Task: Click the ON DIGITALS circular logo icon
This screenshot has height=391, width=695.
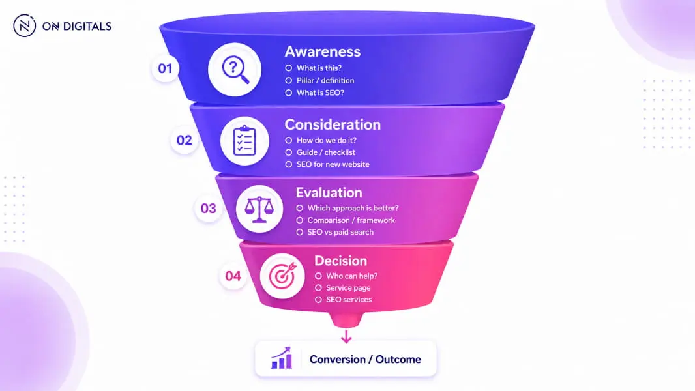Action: pos(24,25)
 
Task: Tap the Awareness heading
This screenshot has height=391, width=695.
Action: pos(323,52)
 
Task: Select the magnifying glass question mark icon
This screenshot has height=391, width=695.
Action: pos(235,70)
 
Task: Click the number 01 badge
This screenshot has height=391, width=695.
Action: pos(165,68)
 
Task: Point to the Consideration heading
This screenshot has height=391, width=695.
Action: pos(333,124)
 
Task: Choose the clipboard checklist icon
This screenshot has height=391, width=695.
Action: pos(244,141)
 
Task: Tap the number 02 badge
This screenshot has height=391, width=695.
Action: pos(185,140)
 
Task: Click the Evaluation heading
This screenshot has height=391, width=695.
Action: pos(329,193)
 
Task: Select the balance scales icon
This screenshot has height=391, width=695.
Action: pos(259,209)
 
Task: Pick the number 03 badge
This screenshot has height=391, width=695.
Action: pos(209,208)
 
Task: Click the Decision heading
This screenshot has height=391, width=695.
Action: pos(341,261)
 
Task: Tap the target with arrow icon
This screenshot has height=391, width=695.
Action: pos(282,276)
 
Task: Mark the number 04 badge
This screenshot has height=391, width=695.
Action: pos(233,276)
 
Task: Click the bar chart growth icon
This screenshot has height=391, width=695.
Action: pos(282,358)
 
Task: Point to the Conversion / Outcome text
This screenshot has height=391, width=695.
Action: pos(365,359)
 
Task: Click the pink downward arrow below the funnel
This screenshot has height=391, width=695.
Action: pos(346,336)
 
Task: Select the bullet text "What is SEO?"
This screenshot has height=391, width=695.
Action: pos(320,93)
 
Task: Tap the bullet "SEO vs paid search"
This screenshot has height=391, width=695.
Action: pos(340,232)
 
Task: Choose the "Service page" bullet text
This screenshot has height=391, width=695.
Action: pos(348,288)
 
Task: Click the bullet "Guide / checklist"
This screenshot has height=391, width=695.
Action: pos(326,152)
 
